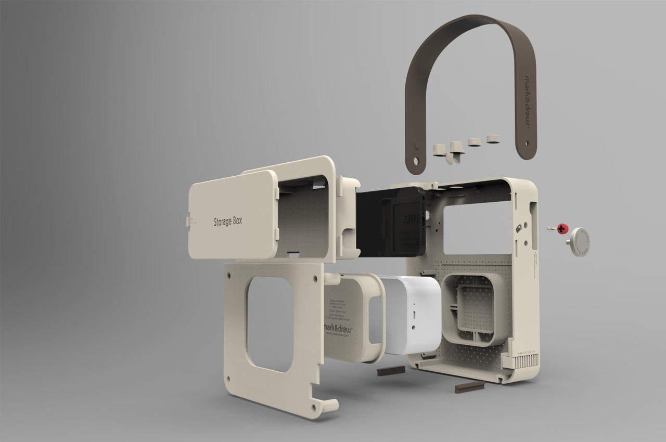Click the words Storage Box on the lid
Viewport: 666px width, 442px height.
point(228,222)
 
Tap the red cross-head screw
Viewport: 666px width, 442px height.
point(562,229)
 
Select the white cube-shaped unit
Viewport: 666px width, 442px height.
point(411,315)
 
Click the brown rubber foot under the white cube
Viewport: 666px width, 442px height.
point(391,371)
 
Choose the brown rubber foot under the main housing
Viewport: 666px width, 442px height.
point(469,387)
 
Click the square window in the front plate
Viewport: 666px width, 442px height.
point(269,323)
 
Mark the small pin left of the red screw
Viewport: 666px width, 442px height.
point(550,228)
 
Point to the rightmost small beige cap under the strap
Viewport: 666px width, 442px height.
point(493,138)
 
